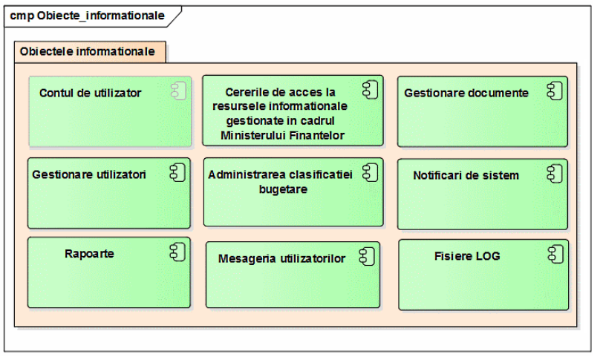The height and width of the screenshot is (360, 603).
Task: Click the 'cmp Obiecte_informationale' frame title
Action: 88,16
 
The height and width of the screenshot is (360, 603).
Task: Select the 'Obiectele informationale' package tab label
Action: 88,51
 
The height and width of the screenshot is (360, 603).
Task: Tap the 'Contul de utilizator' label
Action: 91,93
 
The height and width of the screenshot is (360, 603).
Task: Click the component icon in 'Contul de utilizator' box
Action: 178,91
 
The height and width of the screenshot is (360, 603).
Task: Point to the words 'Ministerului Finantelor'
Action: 283,135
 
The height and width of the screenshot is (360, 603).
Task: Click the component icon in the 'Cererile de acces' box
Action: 371,90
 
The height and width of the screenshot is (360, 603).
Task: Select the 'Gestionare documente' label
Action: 466,93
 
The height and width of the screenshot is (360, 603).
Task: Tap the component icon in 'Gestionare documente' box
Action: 555,91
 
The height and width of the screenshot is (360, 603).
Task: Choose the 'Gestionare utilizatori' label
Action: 89,174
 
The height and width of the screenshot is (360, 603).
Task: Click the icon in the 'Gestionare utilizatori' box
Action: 177,172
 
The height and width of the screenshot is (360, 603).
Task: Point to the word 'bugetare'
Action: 284,189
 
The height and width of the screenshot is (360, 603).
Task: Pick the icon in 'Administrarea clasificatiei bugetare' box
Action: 371,172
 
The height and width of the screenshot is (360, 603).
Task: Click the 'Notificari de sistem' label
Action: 466,176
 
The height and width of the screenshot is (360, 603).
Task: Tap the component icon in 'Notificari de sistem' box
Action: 555,174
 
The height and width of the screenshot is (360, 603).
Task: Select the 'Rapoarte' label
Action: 89,254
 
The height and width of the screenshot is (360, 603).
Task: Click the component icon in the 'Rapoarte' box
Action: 177,252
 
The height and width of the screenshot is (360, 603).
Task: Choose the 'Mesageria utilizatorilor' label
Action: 282,258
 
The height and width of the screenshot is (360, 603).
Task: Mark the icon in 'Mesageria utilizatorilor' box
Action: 367,257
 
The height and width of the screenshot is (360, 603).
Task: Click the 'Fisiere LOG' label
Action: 467,256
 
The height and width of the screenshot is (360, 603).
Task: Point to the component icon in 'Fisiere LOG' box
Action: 555,255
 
